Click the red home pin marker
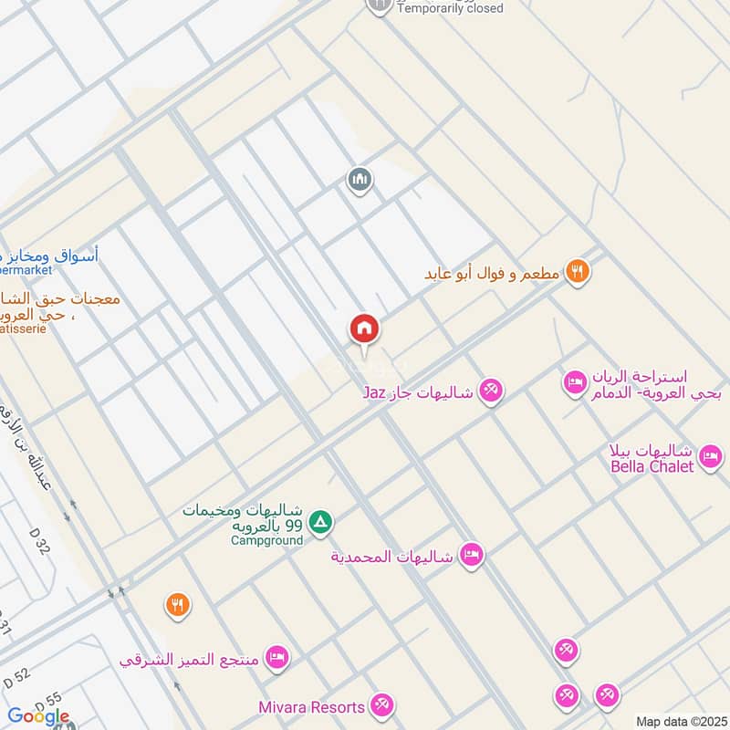[364, 329]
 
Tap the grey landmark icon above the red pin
[360, 180]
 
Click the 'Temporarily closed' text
[450, 8]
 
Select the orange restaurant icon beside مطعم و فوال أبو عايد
[577, 271]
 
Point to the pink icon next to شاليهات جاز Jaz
[491, 391]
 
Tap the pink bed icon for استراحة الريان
[575, 381]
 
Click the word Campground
[266, 540]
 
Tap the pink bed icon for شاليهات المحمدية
[471, 555]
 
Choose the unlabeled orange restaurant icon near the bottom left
[177, 604]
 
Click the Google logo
[38, 716]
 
